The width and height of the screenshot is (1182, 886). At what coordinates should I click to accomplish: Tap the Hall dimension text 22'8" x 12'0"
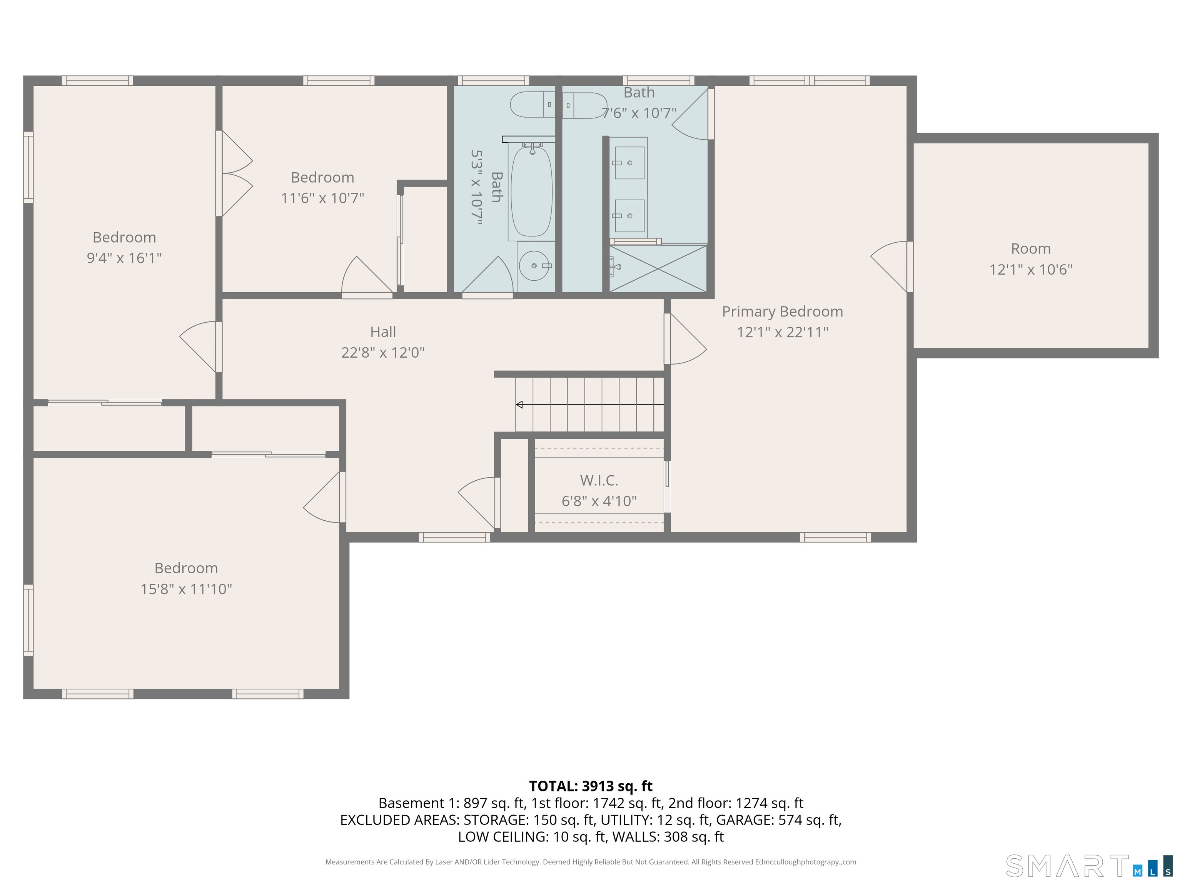click(382, 353)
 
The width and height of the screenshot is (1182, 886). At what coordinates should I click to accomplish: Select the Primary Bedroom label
click(782, 311)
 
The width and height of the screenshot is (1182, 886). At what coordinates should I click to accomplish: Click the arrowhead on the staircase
click(519, 405)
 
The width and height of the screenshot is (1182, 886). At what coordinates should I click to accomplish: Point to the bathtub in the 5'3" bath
click(531, 191)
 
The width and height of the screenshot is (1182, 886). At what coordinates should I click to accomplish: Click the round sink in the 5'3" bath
click(534, 265)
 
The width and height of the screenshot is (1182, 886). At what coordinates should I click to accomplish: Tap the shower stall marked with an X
click(658, 269)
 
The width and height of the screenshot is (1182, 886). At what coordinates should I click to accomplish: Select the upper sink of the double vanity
click(629, 163)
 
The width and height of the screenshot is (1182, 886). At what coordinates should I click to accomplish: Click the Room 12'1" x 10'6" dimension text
click(1030, 270)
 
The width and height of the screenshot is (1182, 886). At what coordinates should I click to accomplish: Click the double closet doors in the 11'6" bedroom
click(235, 173)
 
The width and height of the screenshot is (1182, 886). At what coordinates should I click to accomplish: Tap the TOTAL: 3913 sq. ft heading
click(591, 786)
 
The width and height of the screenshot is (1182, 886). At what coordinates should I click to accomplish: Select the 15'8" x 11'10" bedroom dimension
click(186, 589)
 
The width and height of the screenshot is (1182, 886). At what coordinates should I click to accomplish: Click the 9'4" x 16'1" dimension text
click(124, 258)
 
